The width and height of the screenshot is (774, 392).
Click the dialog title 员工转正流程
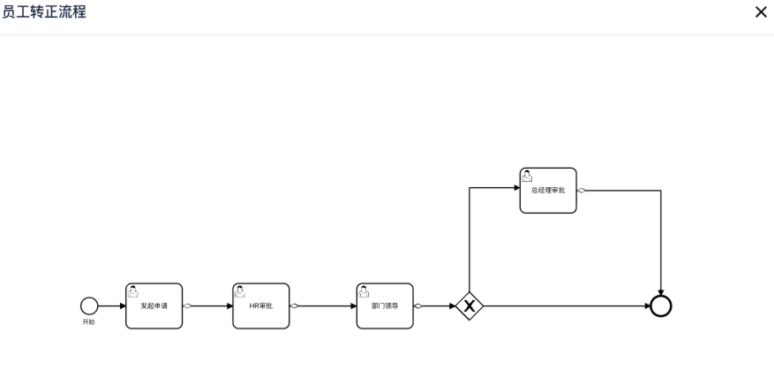click(45, 12)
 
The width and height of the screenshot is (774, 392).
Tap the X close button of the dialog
click(761, 12)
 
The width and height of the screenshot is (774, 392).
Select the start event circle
click(88, 305)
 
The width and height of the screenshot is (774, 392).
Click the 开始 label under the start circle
click(88, 322)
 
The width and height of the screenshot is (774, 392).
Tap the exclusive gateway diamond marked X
click(470, 306)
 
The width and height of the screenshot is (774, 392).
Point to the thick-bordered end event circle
click(660, 306)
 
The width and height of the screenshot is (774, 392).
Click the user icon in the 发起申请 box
click(133, 291)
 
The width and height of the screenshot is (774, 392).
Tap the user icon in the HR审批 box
click(240, 291)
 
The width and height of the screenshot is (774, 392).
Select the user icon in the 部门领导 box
click(364, 291)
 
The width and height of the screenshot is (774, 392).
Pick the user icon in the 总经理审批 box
click(527, 175)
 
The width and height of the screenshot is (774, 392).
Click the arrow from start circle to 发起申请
click(111, 306)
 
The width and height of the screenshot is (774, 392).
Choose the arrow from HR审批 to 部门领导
click(325, 306)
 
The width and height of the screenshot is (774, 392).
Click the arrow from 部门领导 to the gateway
click(437, 306)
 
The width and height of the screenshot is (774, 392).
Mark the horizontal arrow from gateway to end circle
click(565, 306)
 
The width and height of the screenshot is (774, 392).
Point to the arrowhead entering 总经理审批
click(515, 187)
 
